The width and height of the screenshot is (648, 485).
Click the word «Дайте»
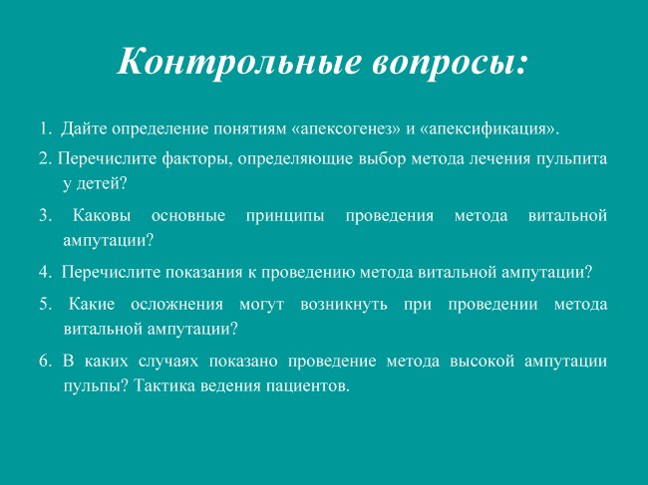(x=84, y=128)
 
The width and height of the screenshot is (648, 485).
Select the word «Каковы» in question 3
(x=102, y=215)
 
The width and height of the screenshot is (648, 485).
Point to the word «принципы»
(x=285, y=216)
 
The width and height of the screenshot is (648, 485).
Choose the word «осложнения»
(x=176, y=304)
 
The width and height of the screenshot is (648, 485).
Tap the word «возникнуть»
(x=344, y=305)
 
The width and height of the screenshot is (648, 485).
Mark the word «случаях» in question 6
(x=168, y=362)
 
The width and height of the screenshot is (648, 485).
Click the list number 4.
(x=45, y=273)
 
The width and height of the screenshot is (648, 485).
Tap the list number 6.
(x=45, y=362)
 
